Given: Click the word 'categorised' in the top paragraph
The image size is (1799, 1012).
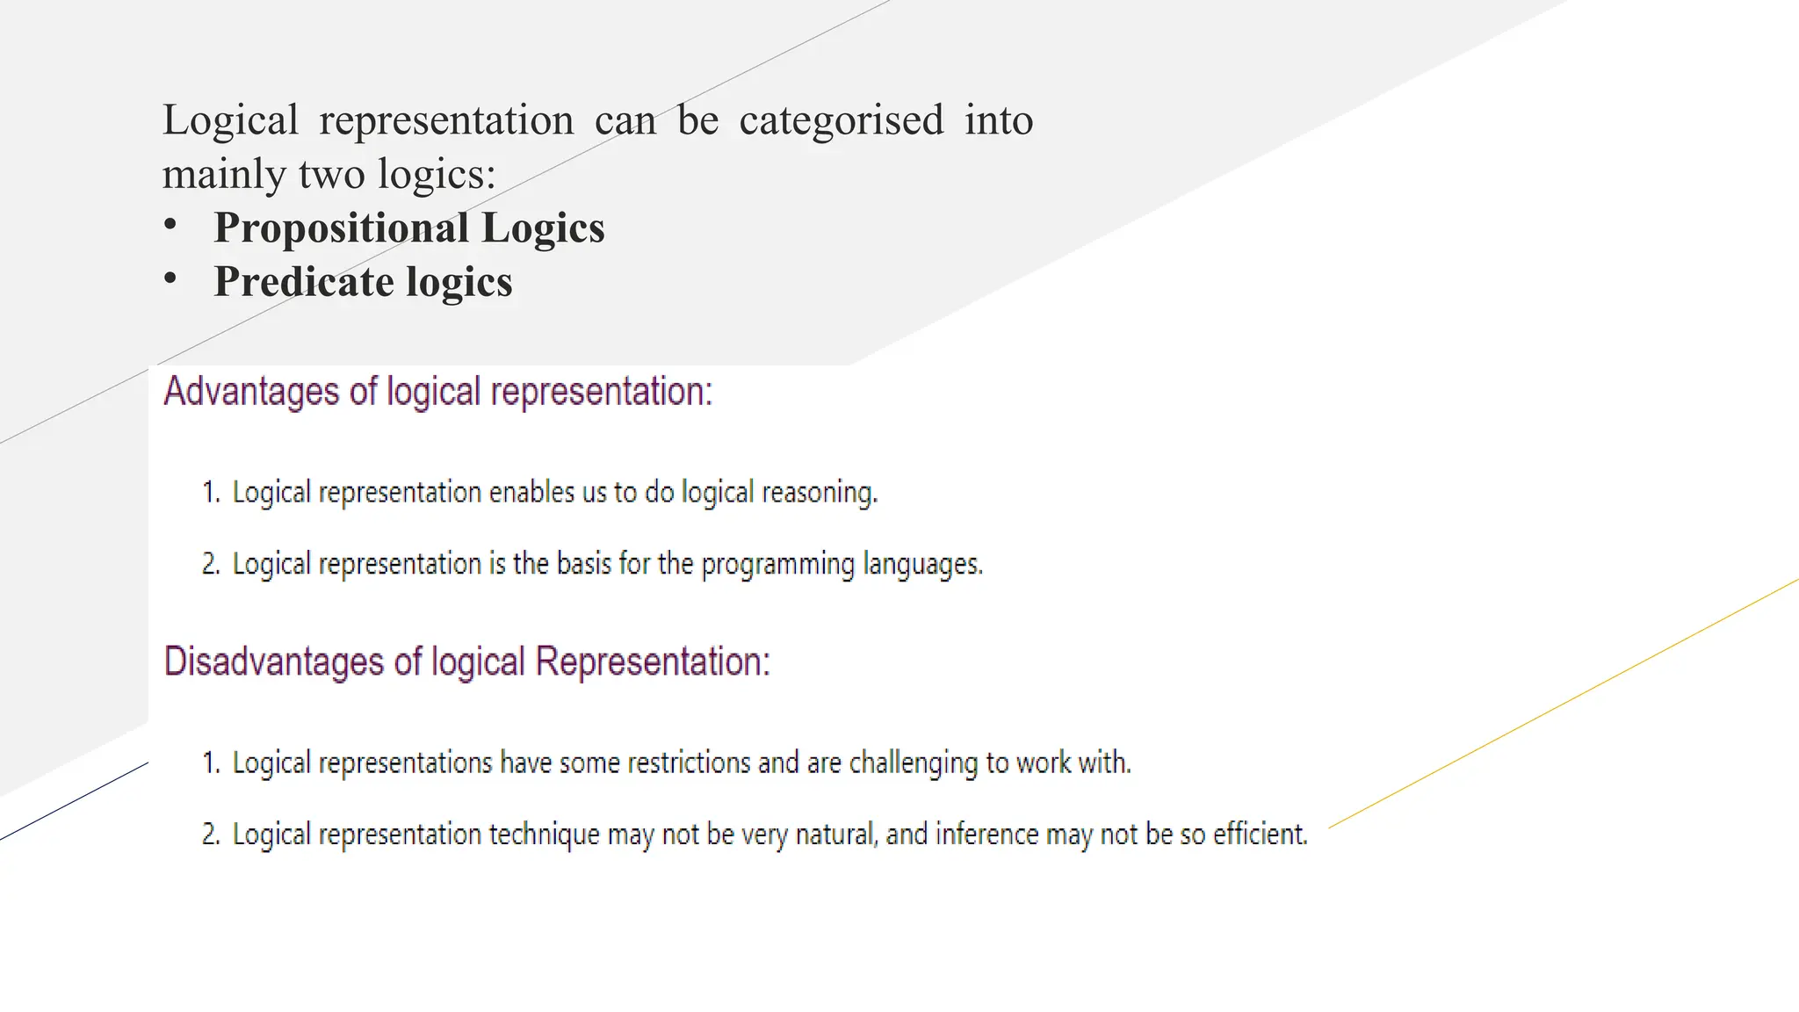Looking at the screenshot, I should click(841, 121).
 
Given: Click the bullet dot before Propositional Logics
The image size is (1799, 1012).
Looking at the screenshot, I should click(170, 225).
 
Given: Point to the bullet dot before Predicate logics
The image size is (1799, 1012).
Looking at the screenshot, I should click(170, 279).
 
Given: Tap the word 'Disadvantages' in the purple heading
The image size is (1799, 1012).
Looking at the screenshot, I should click(274, 661).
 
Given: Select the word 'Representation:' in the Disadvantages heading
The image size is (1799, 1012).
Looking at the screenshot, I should click(653, 661).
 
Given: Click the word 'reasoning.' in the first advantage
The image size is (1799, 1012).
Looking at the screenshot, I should click(820, 493).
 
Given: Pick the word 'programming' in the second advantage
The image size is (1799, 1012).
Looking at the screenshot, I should click(777, 564).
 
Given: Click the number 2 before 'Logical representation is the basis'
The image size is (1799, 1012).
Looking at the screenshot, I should click(210, 564).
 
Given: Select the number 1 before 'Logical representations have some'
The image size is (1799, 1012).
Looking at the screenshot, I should click(210, 763).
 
